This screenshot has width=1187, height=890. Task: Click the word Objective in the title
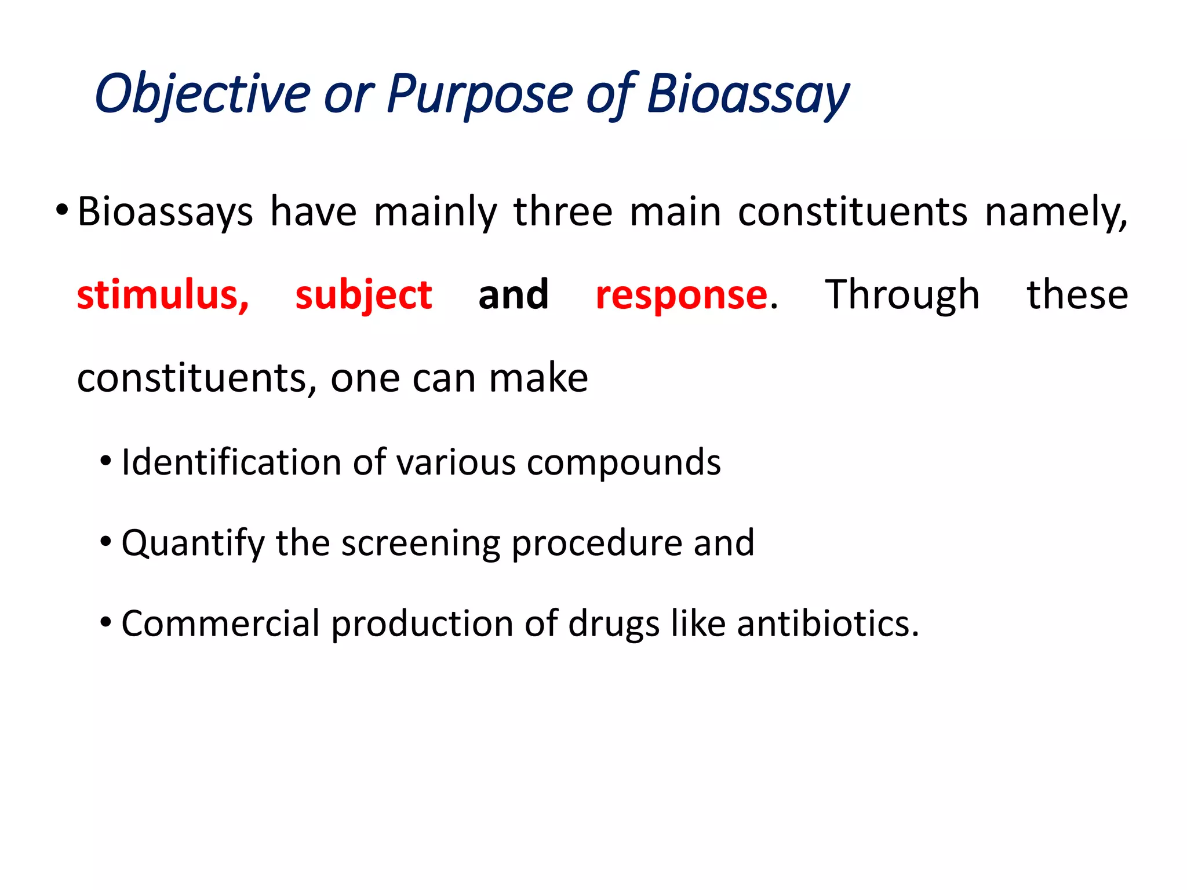pyautogui.click(x=202, y=94)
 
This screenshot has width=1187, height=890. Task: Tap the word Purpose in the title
pyautogui.click(x=479, y=94)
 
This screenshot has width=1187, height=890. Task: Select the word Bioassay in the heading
pyautogui.click(x=748, y=94)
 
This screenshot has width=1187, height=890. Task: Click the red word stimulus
pyautogui.click(x=163, y=296)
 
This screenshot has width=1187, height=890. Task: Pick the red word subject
pyautogui.click(x=363, y=296)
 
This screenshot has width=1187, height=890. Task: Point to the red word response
pyautogui.click(x=682, y=296)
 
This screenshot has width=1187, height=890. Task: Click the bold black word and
pyautogui.click(x=514, y=296)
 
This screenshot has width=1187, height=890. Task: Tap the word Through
pyautogui.click(x=902, y=296)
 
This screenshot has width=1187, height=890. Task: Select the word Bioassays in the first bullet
pyautogui.click(x=165, y=213)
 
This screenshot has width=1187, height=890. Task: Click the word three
pyautogui.click(x=563, y=213)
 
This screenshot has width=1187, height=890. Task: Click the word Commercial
pyautogui.click(x=220, y=624)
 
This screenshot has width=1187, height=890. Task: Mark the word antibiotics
pyautogui.click(x=827, y=624)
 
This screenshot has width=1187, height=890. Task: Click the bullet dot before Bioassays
pyautogui.click(x=62, y=209)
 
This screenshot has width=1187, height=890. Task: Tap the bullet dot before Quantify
pyautogui.click(x=105, y=542)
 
